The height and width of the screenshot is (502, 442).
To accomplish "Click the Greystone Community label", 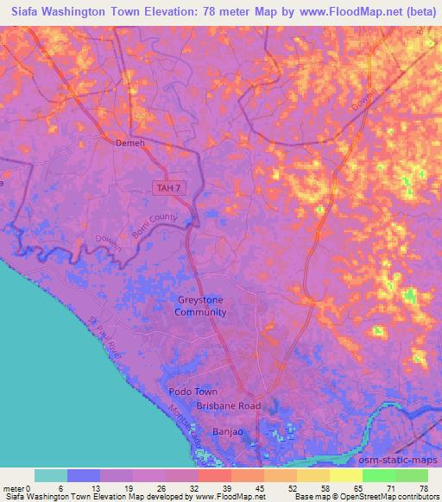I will tap(200, 306).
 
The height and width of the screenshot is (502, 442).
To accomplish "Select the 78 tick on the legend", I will tap(422, 487).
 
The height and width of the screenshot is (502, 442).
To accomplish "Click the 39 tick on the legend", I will tap(224, 487).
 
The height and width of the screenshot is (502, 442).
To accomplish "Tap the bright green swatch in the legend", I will tap(378, 475).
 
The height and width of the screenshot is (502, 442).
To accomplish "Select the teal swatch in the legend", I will tap(51, 475).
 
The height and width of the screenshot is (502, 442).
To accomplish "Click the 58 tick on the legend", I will tap(324, 487).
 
